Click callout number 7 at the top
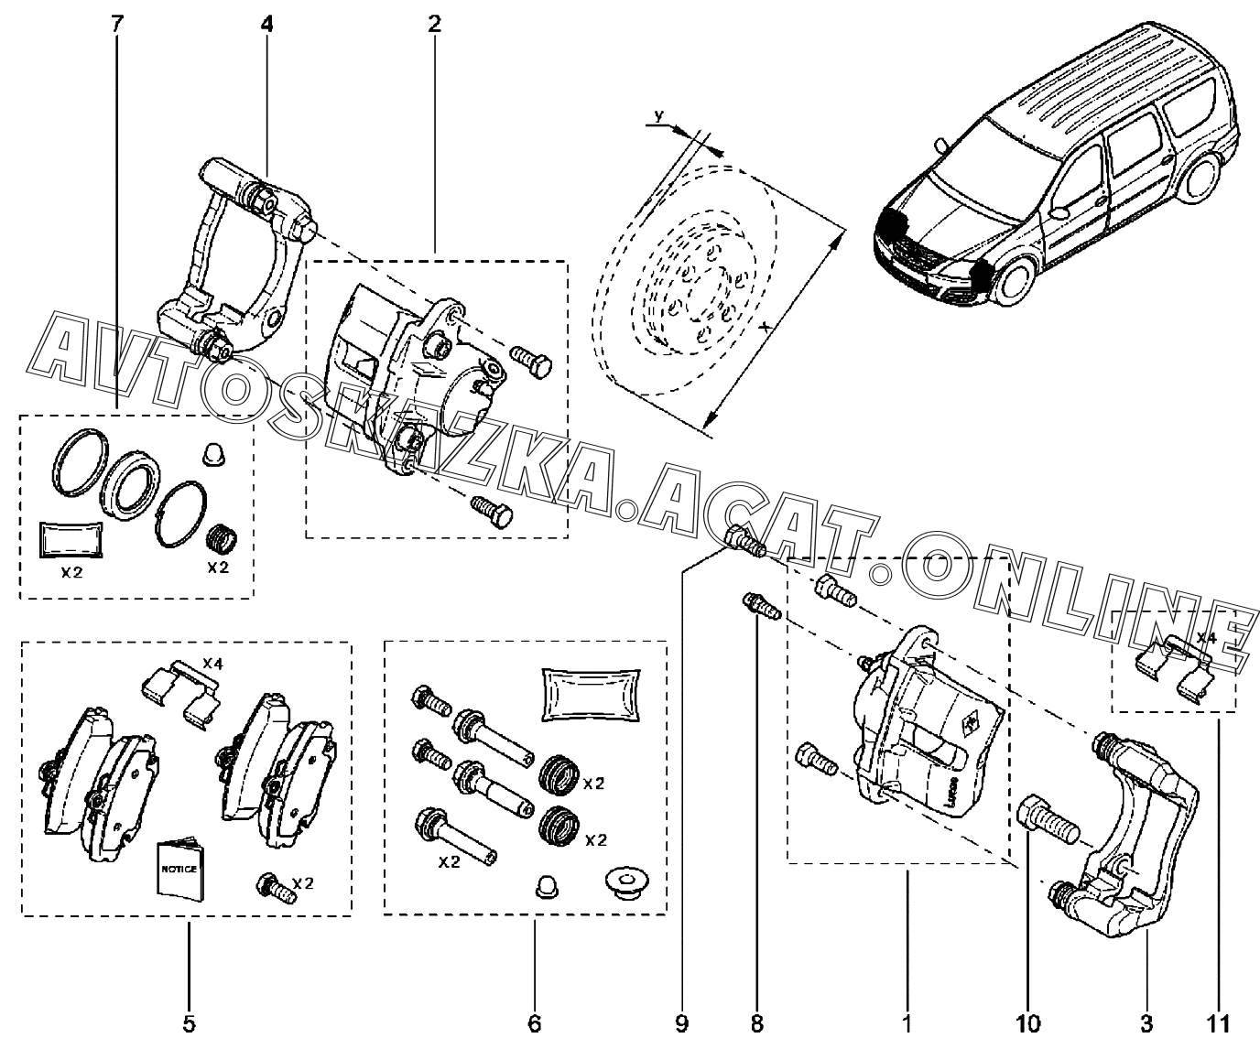pyautogui.click(x=117, y=24)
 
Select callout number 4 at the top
pyautogui.click(x=266, y=24)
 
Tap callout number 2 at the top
pyautogui.click(x=434, y=24)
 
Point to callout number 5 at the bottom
pyautogui.click(x=189, y=1023)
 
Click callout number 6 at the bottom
pyautogui.click(x=535, y=1023)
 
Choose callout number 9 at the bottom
pyautogui.click(x=682, y=1023)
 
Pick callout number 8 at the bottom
pyautogui.click(x=757, y=1023)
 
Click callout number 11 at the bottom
pyautogui.click(x=1219, y=1023)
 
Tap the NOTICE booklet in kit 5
pyautogui.click(x=179, y=871)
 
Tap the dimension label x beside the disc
pyautogui.click(x=766, y=327)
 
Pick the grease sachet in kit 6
pyautogui.click(x=591, y=695)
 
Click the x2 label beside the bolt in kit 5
pyautogui.click(x=303, y=883)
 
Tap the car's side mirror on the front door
pyautogui.click(x=1059, y=212)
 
